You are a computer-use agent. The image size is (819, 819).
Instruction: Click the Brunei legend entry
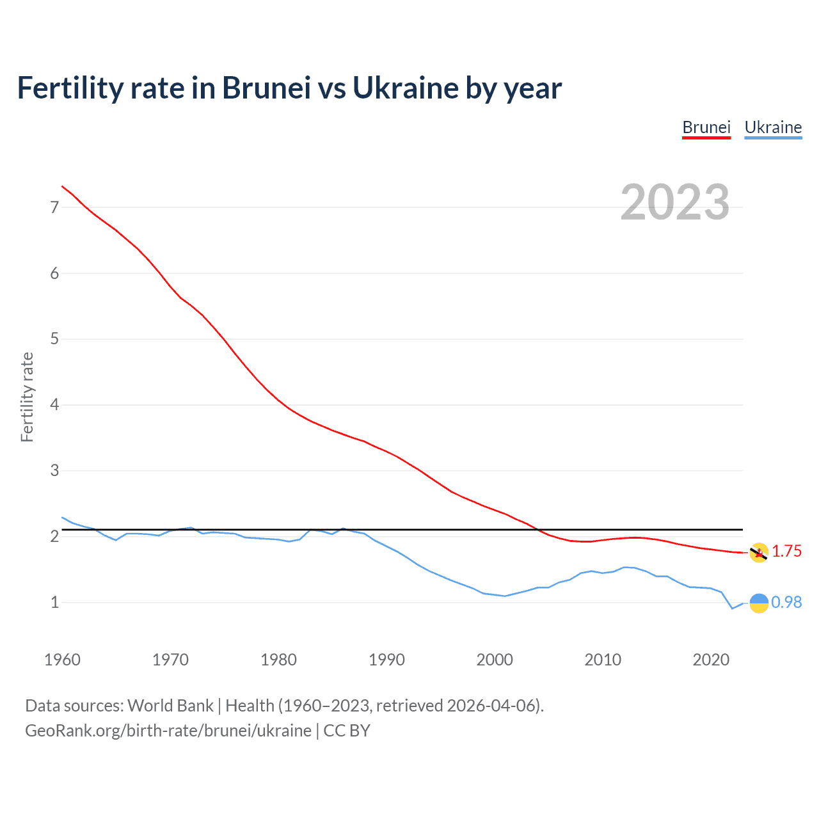pyautogui.click(x=706, y=127)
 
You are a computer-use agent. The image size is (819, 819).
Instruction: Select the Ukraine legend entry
pyautogui.click(x=773, y=127)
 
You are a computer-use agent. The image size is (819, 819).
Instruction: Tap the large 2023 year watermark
pyautogui.click(x=675, y=202)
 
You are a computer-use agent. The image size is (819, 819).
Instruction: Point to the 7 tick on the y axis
pyautogui.click(x=54, y=207)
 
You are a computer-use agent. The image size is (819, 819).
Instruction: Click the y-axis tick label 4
pyautogui.click(x=54, y=404)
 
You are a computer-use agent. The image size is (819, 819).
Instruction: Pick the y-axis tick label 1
pyautogui.click(x=54, y=602)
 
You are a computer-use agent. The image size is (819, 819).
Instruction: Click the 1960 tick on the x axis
pyautogui.click(x=62, y=660)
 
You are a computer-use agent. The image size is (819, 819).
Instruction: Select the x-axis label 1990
pyautogui.click(x=386, y=660)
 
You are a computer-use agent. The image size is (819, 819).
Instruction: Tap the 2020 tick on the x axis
pyautogui.click(x=711, y=660)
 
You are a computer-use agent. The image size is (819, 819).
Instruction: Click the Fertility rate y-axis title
pyautogui.click(x=27, y=397)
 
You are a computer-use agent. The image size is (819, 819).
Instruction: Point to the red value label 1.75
pyautogui.click(x=786, y=552)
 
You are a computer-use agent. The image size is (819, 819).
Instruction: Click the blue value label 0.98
pyautogui.click(x=786, y=602)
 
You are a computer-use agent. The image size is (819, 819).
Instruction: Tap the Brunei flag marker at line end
pyautogui.click(x=759, y=553)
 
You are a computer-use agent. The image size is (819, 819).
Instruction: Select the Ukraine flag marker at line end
pyautogui.click(x=759, y=603)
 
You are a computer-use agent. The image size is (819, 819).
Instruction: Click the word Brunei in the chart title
pyautogui.click(x=266, y=88)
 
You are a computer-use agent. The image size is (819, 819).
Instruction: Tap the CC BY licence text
pyautogui.click(x=347, y=731)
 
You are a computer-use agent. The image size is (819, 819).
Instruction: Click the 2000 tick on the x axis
pyautogui.click(x=495, y=660)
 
